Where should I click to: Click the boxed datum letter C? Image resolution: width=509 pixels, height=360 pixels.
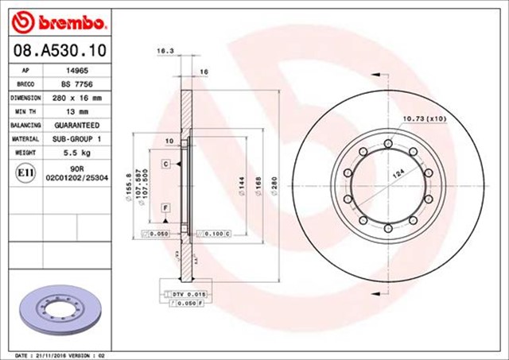point(166,164)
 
